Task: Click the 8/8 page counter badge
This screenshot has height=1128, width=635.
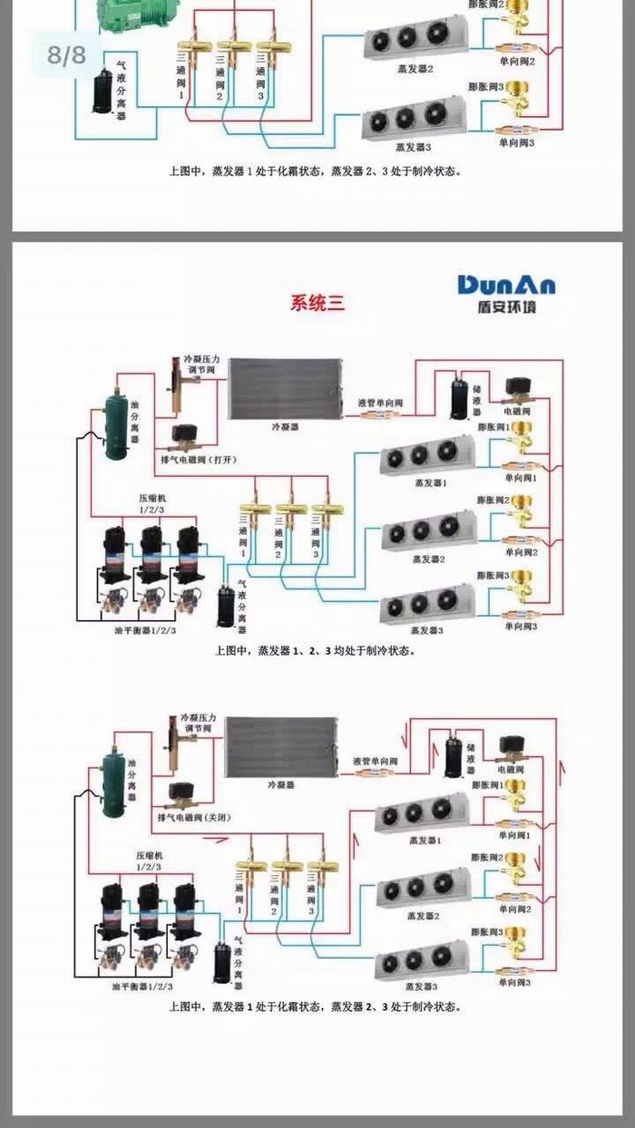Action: click(66, 54)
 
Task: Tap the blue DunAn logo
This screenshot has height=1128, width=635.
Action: click(506, 285)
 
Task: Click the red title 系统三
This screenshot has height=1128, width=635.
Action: click(317, 304)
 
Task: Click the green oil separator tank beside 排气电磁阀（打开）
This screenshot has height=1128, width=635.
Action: click(115, 423)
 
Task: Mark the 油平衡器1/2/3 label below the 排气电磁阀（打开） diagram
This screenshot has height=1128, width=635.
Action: click(145, 630)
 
